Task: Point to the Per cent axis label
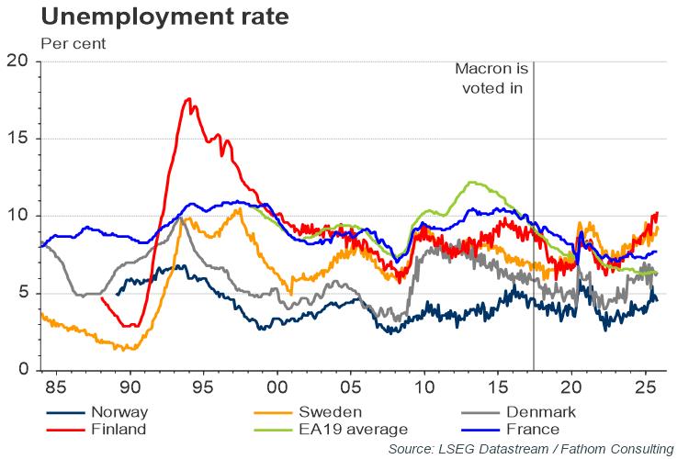click(73, 42)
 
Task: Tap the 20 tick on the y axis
click(18, 62)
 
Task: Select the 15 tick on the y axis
click(18, 139)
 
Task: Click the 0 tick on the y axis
click(24, 370)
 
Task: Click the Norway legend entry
click(112, 412)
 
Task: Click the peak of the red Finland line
click(188, 99)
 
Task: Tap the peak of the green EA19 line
click(471, 182)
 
